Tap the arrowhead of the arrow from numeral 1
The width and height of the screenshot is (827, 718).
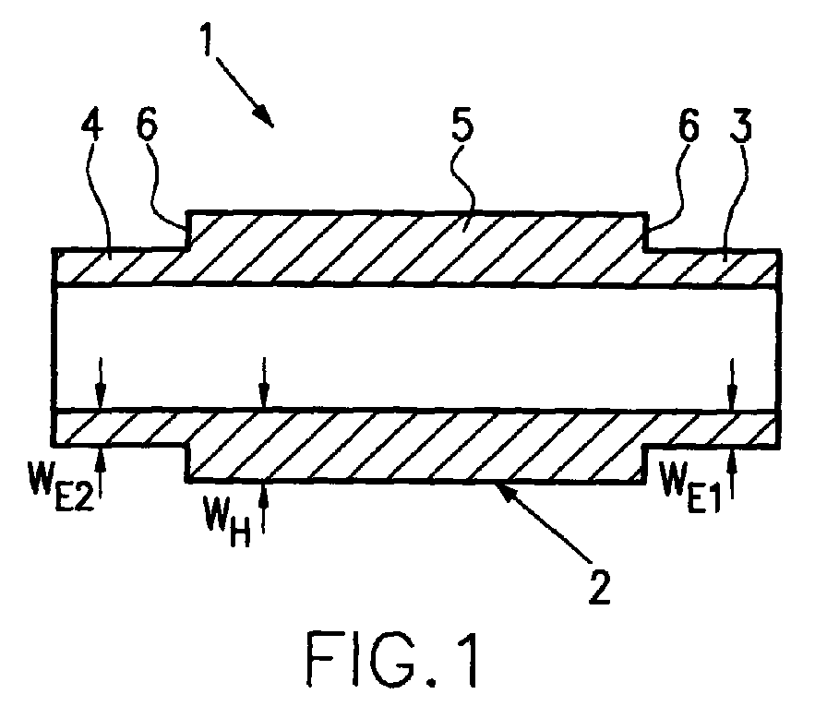pyautogui.click(x=267, y=119)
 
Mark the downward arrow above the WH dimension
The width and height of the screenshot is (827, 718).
pyautogui.click(x=264, y=383)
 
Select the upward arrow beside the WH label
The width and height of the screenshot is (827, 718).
pyautogui.click(x=264, y=509)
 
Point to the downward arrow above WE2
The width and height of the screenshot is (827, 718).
pyautogui.click(x=101, y=383)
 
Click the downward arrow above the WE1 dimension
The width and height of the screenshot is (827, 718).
pyautogui.click(x=731, y=384)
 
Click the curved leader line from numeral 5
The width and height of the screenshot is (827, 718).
pyautogui.click(x=462, y=179)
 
